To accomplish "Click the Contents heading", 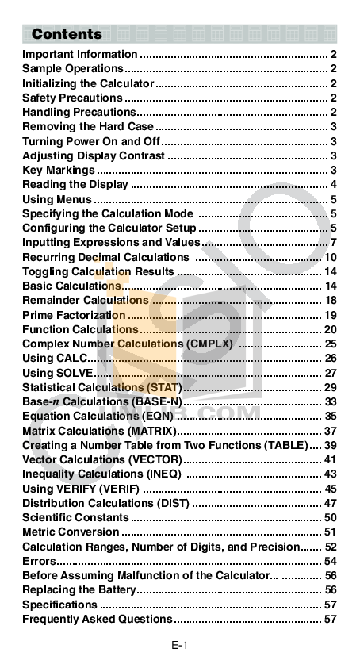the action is coord(67,34).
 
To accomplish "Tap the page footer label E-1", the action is coord(179,645).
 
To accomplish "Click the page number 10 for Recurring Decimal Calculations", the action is coord(331,257).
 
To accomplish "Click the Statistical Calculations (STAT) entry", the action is coord(101,387).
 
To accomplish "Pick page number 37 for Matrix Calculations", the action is coord(331,431).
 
